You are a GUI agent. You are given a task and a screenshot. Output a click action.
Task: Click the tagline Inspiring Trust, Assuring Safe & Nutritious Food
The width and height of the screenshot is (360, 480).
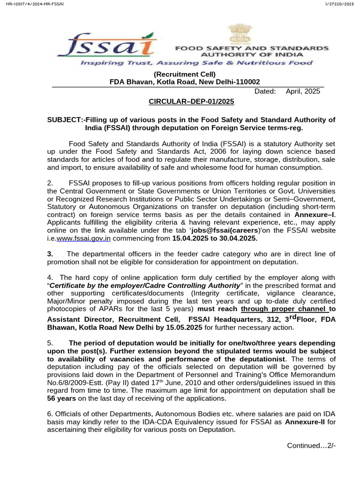point(196,62)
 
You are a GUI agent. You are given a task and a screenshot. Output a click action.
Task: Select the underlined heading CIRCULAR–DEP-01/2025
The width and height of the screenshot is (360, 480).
point(191,101)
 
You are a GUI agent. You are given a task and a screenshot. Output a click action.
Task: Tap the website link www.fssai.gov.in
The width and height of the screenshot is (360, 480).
point(83,238)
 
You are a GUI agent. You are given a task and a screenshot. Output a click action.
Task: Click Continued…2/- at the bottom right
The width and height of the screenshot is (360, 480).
point(311,445)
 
